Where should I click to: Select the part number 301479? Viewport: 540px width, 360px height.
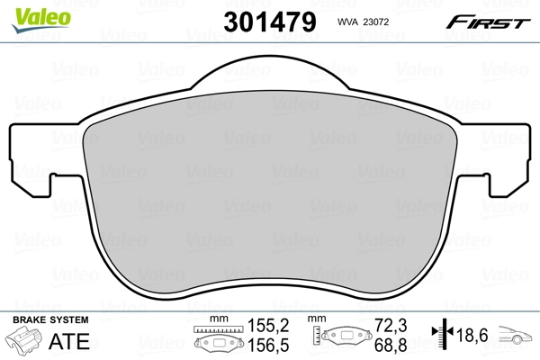(269, 21)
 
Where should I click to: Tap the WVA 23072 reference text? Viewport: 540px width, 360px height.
(364, 21)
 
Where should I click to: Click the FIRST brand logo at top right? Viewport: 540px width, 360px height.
(490, 20)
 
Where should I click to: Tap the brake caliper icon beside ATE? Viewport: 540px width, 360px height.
(26, 343)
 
